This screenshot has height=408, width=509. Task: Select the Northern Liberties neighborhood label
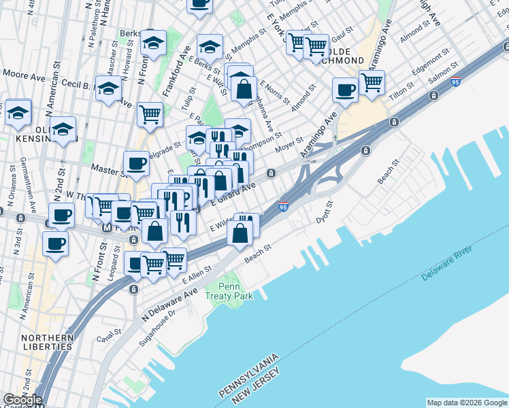pyautogui.click(x=46, y=342)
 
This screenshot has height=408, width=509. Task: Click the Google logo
pyautogui.click(x=22, y=400)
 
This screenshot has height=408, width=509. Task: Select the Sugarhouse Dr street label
pyautogui.click(x=158, y=328)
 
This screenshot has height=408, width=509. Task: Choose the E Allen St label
pyautogui.click(x=198, y=275)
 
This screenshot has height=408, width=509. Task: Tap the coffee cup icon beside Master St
pyautogui.click(x=136, y=163)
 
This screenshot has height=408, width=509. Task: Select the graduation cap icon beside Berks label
pyautogui.click(x=153, y=41)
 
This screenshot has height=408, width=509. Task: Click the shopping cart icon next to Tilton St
pyautogui.click(x=372, y=83)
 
